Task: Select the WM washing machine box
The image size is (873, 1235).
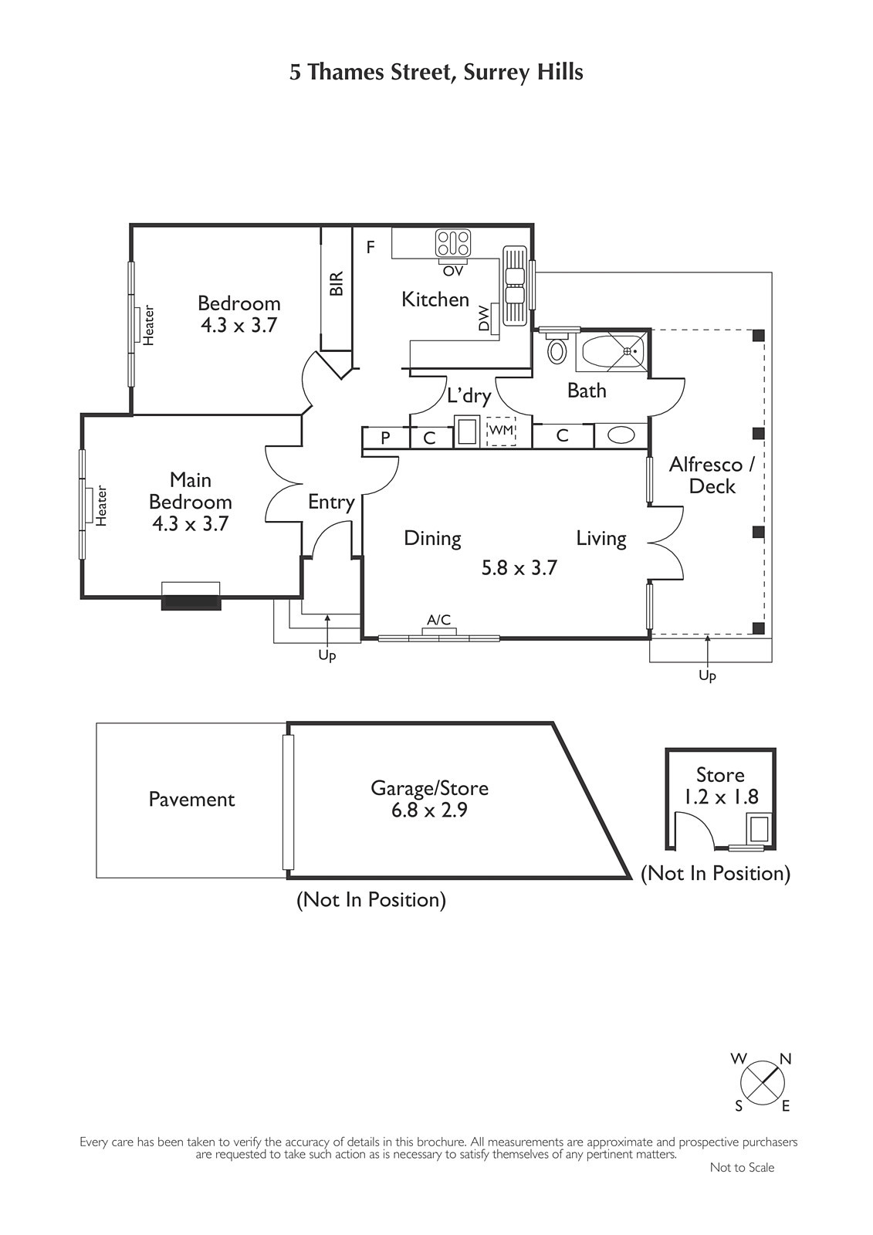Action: point(501,431)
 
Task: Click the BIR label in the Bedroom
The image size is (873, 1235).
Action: point(337,283)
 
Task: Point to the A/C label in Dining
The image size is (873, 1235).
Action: point(438,620)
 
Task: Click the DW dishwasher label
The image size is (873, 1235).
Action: point(484,320)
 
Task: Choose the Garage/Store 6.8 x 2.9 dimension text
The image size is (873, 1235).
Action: point(430,810)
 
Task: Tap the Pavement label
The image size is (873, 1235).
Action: point(192,800)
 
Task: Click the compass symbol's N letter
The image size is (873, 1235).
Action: point(785,1058)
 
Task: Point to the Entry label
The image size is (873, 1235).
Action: point(331,502)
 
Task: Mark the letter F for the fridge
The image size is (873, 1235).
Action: point(371,247)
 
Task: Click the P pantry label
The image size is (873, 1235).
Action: point(385,438)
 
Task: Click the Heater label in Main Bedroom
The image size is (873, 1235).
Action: point(101,506)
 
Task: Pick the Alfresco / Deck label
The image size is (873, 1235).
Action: point(712,475)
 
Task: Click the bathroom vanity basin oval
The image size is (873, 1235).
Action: point(621,436)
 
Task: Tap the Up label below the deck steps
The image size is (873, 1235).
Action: point(708,675)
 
